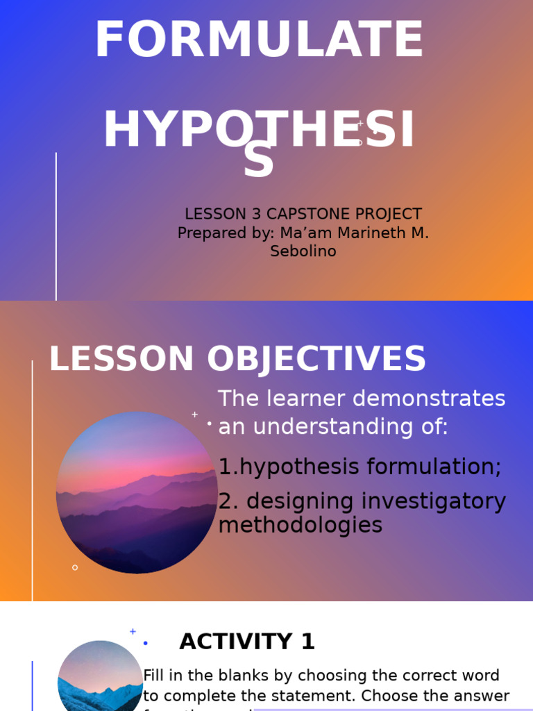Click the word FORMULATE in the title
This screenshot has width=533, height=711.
point(259,40)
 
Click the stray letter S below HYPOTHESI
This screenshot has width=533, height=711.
point(258,162)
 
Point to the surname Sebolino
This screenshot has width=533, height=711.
point(303,251)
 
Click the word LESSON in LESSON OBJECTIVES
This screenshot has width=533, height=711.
point(121,360)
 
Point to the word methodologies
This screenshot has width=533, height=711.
point(300,525)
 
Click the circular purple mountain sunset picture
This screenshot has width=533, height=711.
point(137,492)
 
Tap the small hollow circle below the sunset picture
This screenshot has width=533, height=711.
point(75,567)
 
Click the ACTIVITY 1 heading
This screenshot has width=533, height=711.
point(247,642)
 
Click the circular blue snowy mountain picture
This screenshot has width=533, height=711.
point(99,677)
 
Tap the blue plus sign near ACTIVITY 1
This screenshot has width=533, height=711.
point(133,631)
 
